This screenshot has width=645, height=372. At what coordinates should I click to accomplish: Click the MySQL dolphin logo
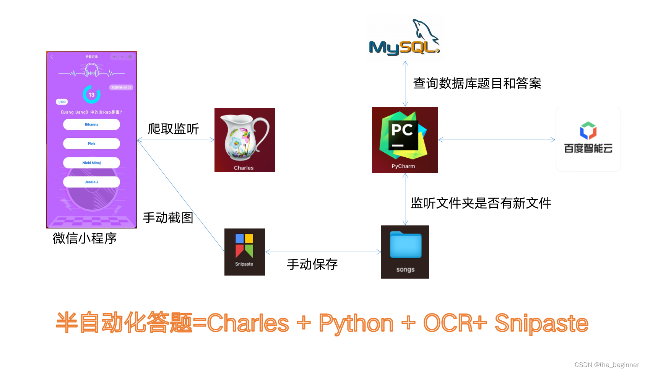pos(405,38)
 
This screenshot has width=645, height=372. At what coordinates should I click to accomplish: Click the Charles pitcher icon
pos(245,140)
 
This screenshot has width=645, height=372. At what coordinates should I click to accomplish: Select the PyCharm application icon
pos(405,140)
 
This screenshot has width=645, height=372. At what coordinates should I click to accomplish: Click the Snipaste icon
pos(244,251)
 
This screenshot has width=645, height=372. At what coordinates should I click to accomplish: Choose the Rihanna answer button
pos(91,124)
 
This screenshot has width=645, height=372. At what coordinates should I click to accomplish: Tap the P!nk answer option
pos(91,144)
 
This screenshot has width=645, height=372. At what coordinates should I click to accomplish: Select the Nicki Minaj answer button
pos(91,163)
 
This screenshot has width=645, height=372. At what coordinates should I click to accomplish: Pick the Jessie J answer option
pos(91,182)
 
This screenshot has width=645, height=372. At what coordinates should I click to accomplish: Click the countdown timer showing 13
pos(91,95)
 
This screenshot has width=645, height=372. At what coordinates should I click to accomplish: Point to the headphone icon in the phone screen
pos(91,70)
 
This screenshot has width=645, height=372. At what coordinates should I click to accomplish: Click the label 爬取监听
pos(173,129)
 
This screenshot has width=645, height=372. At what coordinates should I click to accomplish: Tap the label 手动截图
pos(168,218)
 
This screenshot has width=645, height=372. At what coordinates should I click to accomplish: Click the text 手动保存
pos(312,264)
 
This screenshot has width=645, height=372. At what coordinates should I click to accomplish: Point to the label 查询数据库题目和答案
pos(477,83)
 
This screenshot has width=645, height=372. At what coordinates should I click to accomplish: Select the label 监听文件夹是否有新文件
pos(481,203)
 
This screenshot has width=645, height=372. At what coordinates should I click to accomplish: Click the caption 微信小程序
pos(84,238)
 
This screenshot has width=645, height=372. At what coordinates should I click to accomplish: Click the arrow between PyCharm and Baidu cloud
pos(496,140)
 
